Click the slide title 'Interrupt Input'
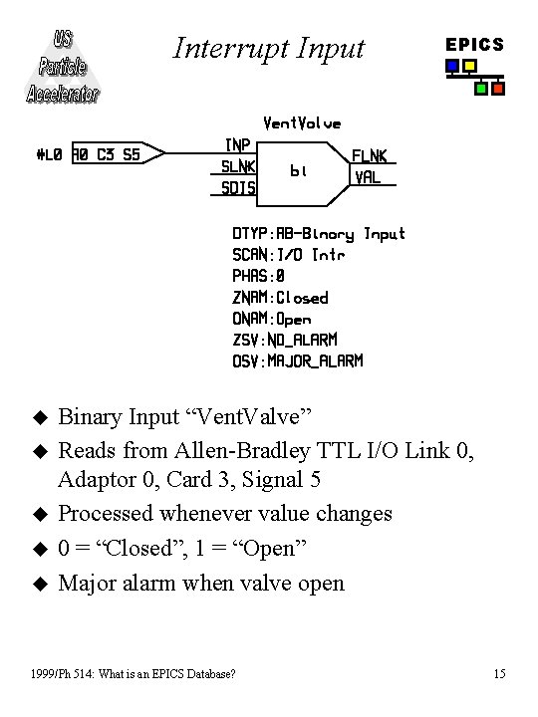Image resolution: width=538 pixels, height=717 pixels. point(269,48)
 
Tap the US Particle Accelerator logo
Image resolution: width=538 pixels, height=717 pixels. point(63,68)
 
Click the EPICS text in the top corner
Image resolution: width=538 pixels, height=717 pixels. point(474,45)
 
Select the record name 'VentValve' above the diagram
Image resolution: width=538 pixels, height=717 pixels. point(302,123)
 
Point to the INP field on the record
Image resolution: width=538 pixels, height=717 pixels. point(237,145)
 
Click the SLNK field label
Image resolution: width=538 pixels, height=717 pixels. point(239,166)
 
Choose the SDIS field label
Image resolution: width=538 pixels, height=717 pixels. point(239,187)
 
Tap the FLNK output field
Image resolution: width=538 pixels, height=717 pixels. point(370,156)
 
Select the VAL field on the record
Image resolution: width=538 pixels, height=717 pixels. point(368,177)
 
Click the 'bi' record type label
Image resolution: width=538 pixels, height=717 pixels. point(298,171)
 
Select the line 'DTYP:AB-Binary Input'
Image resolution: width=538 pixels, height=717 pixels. point(319,234)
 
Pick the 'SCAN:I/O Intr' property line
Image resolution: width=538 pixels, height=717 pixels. point(289,255)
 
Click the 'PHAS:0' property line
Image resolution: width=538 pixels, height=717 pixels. point(259,276)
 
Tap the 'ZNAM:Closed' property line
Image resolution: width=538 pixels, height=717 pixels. point(280,298)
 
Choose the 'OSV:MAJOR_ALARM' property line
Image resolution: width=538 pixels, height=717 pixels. point(298,360)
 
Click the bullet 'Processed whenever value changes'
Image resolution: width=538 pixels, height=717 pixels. point(225,514)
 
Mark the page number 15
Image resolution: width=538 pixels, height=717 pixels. point(499,674)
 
